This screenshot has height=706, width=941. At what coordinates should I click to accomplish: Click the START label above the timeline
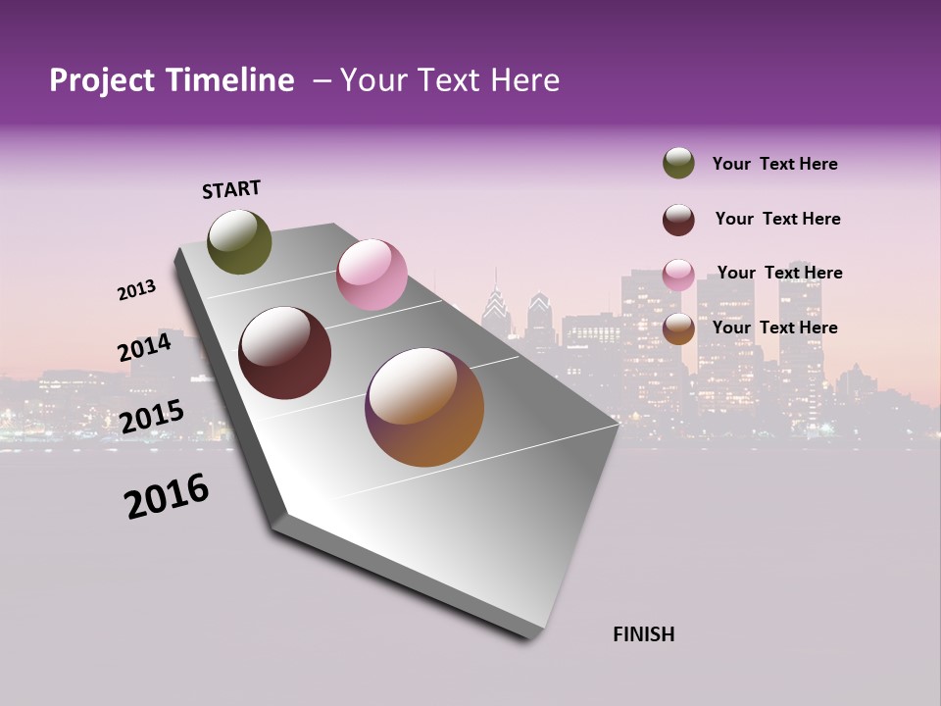click(x=231, y=189)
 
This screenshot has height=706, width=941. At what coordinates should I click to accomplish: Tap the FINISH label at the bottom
click(x=644, y=634)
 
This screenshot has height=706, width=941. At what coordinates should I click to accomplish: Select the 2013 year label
click(x=137, y=290)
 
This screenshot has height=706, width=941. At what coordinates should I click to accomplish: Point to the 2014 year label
click(x=145, y=348)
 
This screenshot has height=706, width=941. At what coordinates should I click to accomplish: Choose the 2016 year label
click(x=167, y=496)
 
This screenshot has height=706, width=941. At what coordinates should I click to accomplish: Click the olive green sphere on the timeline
click(x=239, y=241)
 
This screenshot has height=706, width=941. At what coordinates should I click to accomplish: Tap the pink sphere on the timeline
click(x=371, y=275)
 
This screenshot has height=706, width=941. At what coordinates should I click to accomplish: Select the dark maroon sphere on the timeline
click(x=285, y=353)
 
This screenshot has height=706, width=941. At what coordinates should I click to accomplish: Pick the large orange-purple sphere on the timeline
click(x=424, y=407)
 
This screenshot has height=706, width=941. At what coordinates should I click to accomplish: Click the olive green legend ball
click(x=678, y=163)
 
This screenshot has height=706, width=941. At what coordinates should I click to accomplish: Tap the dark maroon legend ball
click(x=678, y=220)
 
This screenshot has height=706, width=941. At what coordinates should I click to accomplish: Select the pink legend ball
click(x=678, y=275)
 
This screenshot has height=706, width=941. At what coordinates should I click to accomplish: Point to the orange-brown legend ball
click(x=678, y=328)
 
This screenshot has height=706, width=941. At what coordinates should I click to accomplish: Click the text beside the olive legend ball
click(x=774, y=164)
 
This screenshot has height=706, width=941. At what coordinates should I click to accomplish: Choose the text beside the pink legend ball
click(x=780, y=273)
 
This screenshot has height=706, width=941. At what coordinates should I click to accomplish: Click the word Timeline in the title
click(x=230, y=80)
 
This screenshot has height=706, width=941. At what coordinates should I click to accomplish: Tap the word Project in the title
click(x=102, y=80)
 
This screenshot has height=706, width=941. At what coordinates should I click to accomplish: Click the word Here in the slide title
click(x=524, y=80)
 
